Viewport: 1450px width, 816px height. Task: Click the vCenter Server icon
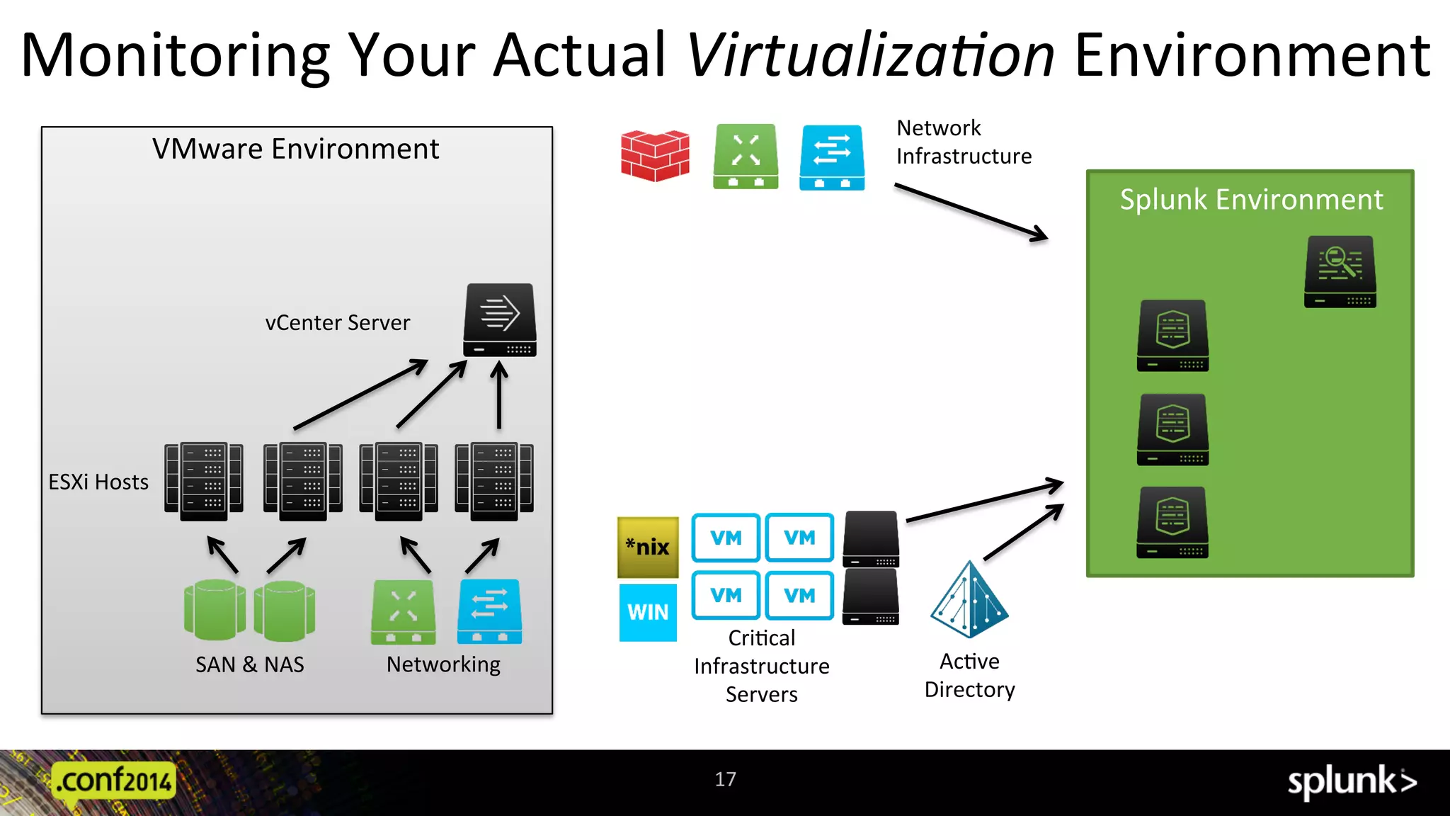[500, 320]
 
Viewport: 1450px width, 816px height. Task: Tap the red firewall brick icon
[655, 156]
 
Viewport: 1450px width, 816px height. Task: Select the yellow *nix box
[648, 547]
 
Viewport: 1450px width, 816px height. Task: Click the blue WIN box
[648, 612]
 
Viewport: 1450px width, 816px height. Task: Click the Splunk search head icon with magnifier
[1340, 272]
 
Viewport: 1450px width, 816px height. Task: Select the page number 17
[725, 779]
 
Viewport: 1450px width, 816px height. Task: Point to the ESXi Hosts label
[98, 482]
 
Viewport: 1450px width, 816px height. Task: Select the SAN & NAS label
[250, 664]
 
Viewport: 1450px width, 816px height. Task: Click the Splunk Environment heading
[1251, 200]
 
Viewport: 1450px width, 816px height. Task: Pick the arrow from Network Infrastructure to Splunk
[971, 212]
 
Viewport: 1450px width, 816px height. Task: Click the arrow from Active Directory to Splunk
[1023, 532]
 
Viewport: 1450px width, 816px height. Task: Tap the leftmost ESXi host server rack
[204, 482]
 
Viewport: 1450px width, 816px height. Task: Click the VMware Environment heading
[296, 149]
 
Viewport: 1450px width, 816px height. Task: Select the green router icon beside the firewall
[746, 157]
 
